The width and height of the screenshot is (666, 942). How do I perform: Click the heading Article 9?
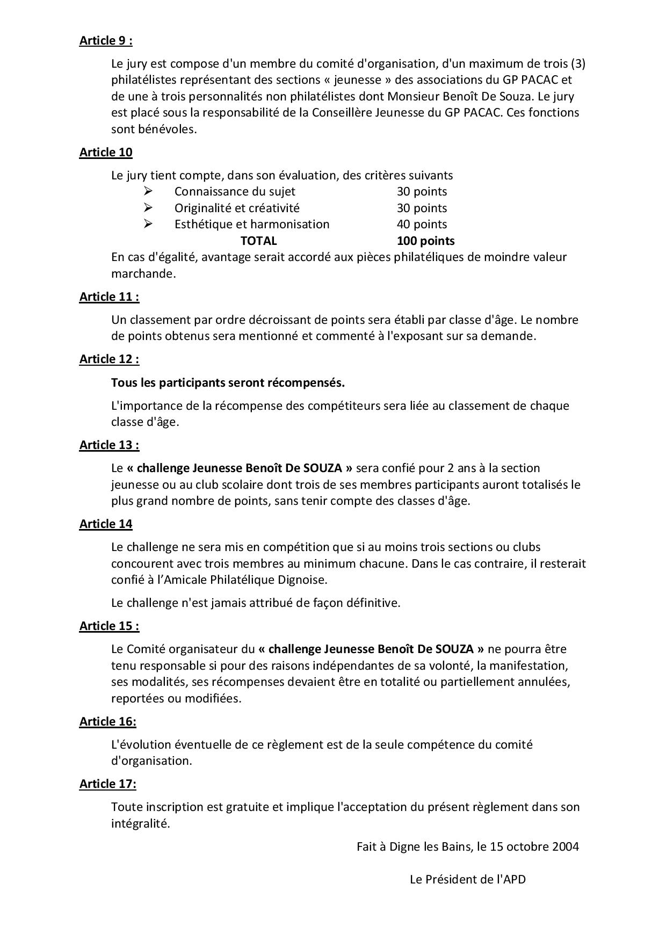click(x=106, y=41)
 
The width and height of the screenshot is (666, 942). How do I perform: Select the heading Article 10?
click(x=106, y=153)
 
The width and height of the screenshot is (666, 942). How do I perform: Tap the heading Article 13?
click(x=109, y=445)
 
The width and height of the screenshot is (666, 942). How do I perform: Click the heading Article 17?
click(x=108, y=784)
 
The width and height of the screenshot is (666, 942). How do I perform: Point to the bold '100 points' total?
click(x=425, y=241)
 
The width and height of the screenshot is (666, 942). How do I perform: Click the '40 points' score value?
click(x=422, y=224)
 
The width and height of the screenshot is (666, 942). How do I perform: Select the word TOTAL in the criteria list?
click(x=258, y=241)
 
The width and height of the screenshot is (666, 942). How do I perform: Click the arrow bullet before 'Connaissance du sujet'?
click(x=148, y=192)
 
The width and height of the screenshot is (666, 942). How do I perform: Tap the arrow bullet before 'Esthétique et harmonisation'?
click(x=148, y=224)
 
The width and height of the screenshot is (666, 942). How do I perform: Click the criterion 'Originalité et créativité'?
click(x=237, y=208)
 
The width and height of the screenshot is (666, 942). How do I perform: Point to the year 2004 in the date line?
click(x=566, y=847)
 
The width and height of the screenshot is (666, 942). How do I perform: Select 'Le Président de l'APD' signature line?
click(x=467, y=880)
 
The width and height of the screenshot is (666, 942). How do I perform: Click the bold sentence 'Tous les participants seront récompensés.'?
click(x=228, y=383)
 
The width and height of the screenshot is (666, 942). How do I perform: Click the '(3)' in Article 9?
click(x=578, y=64)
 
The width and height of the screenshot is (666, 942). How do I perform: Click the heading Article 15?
click(x=109, y=626)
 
